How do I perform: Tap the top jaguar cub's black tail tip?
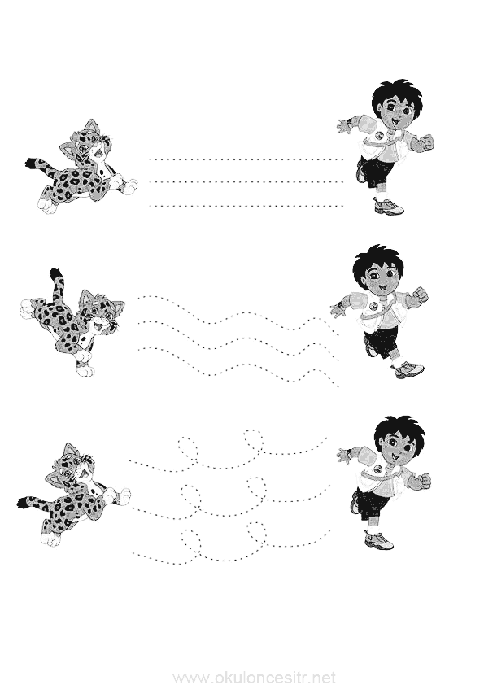pos(31,164)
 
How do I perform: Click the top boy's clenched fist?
pos(428,143)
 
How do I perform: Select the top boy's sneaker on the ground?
pos(388,205)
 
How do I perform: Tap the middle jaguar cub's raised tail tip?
pos(55,274)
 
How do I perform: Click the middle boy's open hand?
pos(338,308)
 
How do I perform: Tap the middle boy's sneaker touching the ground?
pos(408,369)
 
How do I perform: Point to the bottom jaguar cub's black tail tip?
pos(23,503)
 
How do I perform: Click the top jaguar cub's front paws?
pos(127,184)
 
